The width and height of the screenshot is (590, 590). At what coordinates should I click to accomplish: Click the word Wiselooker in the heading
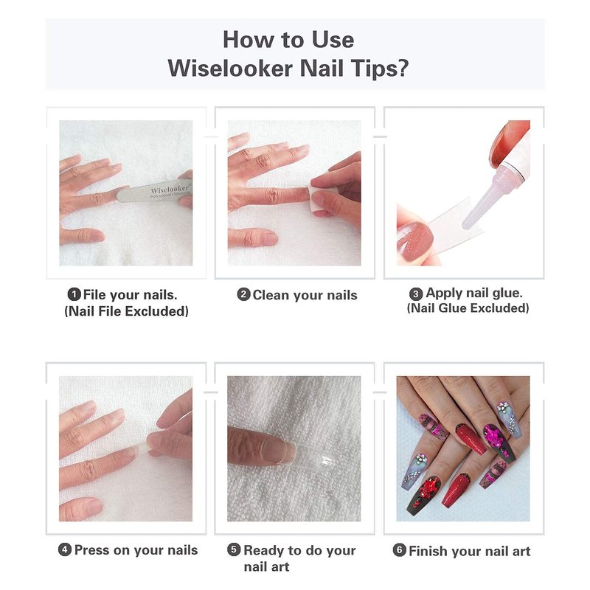[x=230, y=69]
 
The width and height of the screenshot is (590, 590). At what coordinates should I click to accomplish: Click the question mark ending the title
[x=402, y=69]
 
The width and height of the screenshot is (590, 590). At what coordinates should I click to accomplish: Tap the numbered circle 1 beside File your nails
[x=74, y=294]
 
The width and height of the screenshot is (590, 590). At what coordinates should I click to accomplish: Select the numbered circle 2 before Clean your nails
[x=244, y=294]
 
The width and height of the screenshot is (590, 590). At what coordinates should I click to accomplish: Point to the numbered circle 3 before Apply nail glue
[x=416, y=294]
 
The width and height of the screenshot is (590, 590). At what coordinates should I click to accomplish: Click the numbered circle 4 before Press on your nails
[x=65, y=549]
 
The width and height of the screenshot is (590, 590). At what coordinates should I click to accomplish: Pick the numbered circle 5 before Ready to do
[x=234, y=549]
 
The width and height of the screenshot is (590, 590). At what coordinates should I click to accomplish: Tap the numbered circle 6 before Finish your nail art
[x=399, y=550]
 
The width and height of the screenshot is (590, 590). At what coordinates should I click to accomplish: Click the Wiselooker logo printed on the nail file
[x=170, y=190]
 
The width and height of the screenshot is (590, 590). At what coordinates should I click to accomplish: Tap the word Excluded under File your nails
[x=156, y=311]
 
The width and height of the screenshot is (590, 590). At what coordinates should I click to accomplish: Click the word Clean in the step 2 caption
[x=271, y=295]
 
